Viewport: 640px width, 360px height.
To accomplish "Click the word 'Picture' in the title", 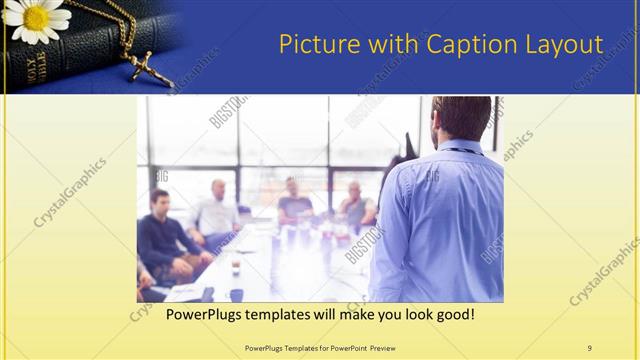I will [x=314, y=45].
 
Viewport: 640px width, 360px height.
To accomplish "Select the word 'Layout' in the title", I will [x=564, y=45].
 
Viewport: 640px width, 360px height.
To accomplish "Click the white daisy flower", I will [x=37, y=20].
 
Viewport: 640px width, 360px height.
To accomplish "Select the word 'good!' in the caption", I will [x=454, y=315].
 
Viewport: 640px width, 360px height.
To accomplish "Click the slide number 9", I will [x=589, y=347].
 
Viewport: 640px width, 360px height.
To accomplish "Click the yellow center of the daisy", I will [x=37, y=17].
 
